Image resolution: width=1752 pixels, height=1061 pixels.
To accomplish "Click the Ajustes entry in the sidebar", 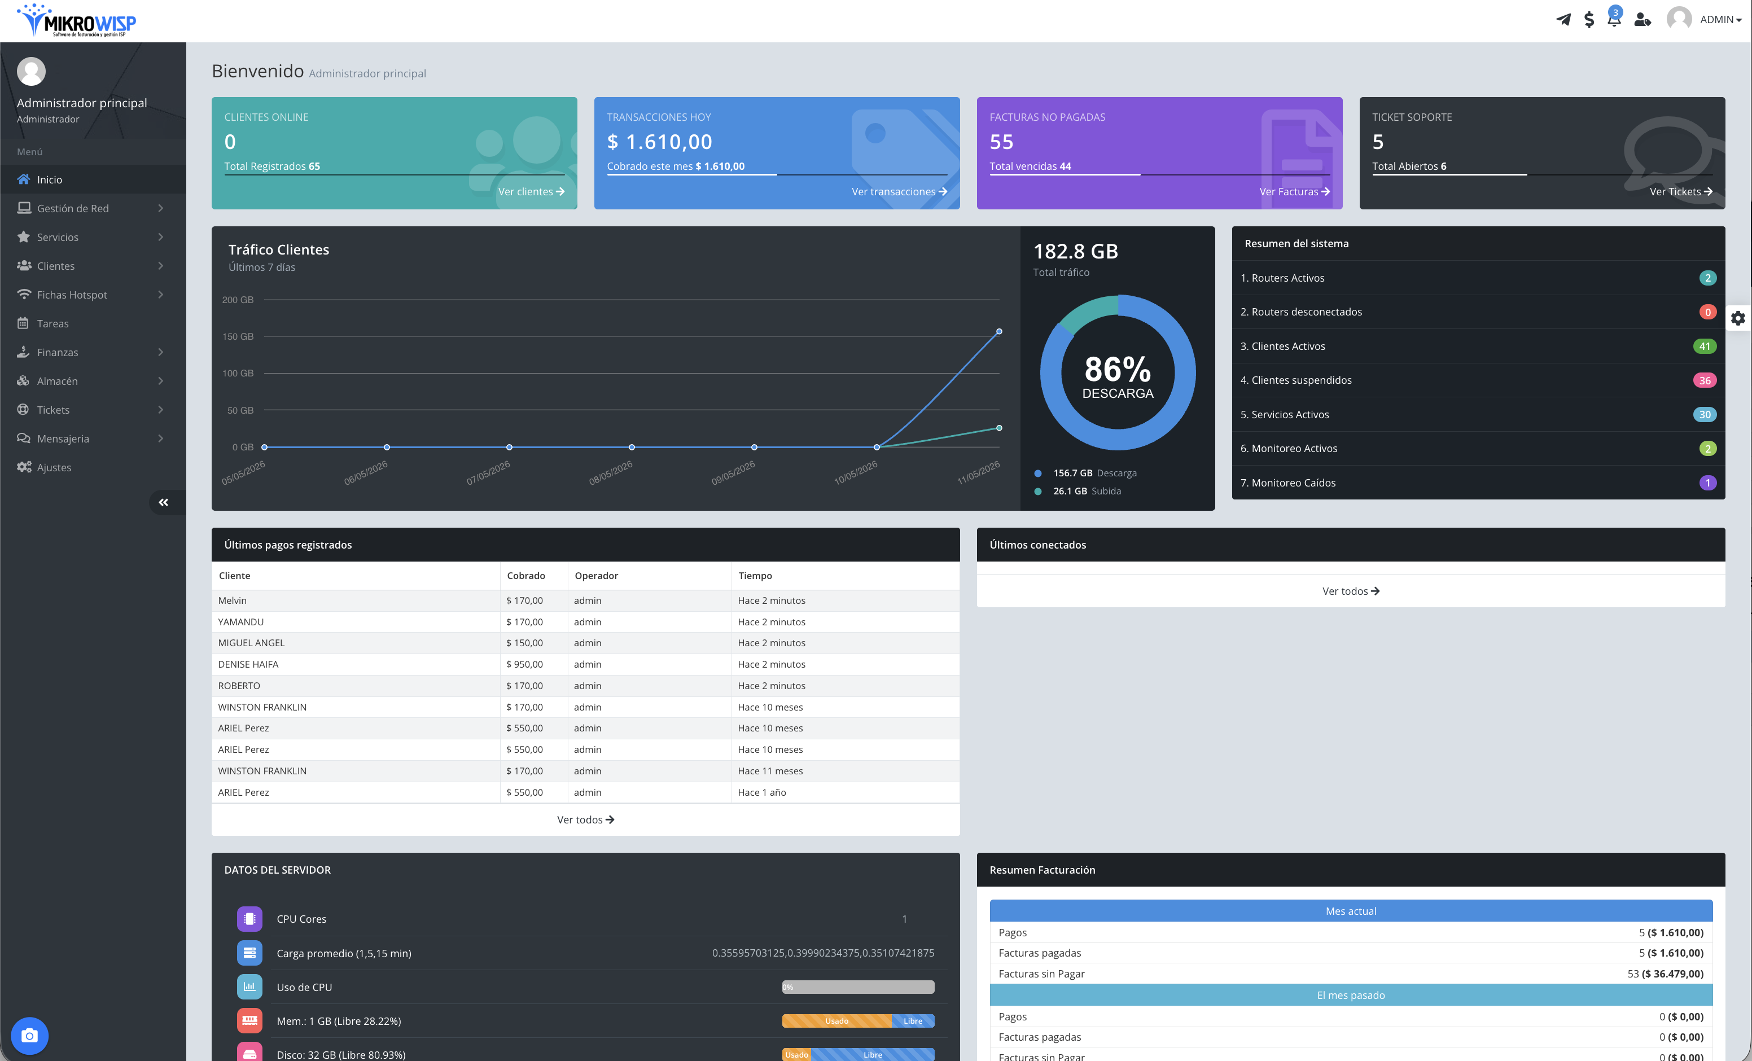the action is pos(54,467).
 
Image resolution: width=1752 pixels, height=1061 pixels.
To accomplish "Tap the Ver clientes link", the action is pos(531,191).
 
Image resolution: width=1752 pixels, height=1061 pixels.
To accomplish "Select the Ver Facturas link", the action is pos(1294,191).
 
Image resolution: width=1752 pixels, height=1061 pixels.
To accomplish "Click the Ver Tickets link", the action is pos(1681,191).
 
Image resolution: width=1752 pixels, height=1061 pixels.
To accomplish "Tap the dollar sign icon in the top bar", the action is pos(1589,20).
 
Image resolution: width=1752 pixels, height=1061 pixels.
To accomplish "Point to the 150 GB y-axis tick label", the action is pos(238,336).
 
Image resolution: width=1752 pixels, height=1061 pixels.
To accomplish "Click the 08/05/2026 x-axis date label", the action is pos(611,473).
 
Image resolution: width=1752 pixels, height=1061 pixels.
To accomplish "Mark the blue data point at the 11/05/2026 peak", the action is pos(999,331).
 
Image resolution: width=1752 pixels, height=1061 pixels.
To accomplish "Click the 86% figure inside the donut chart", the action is pos(1118,369).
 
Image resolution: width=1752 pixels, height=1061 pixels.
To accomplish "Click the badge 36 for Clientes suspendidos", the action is pos(1705,380).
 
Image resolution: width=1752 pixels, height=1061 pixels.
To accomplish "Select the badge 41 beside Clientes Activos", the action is pos(1705,347).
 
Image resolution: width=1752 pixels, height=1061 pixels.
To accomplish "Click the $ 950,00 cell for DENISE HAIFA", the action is pos(525,664).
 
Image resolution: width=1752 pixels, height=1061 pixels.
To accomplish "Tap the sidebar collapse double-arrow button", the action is pos(164,503).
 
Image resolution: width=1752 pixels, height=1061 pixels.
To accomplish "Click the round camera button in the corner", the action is pos(30,1036).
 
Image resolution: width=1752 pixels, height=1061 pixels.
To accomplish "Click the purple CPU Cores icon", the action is pos(249,919).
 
